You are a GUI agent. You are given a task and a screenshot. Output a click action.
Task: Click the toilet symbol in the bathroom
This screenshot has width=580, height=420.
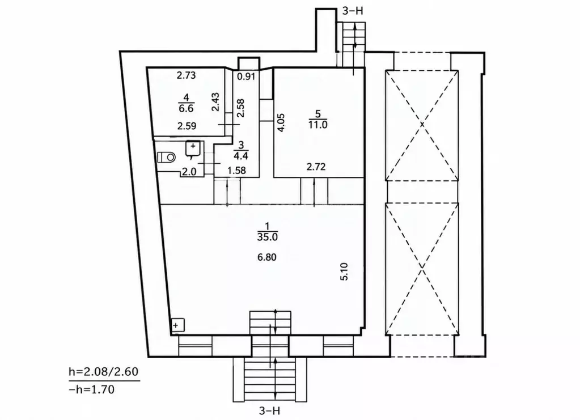pyautogui.click(x=166, y=157)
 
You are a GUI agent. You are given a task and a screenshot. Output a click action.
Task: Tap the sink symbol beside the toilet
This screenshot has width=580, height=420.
pyautogui.click(x=193, y=149)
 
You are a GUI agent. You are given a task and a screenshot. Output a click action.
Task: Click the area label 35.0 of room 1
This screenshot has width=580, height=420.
pyautogui.click(x=268, y=237)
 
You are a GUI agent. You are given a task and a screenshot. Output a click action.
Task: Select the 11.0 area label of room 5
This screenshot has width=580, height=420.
pyautogui.click(x=317, y=125)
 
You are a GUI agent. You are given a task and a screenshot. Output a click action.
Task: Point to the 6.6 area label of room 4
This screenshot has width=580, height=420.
pyautogui.click(x=186, y=108)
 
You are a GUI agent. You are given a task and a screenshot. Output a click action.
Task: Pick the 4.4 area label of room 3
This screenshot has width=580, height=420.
pyautogui.click(x=241, y=156)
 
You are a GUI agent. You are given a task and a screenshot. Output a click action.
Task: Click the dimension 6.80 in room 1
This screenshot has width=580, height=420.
pyautogui.click(x=267, y=257)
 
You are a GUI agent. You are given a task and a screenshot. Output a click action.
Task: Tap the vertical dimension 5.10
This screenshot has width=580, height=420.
pyautogui.click(x=344, y=271)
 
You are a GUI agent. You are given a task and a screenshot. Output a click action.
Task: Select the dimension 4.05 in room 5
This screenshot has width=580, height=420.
pyautogui.click(x=281, y=122)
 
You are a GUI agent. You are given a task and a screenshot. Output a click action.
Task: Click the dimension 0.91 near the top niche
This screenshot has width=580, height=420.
pyautogui.click(x=247, y=77)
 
